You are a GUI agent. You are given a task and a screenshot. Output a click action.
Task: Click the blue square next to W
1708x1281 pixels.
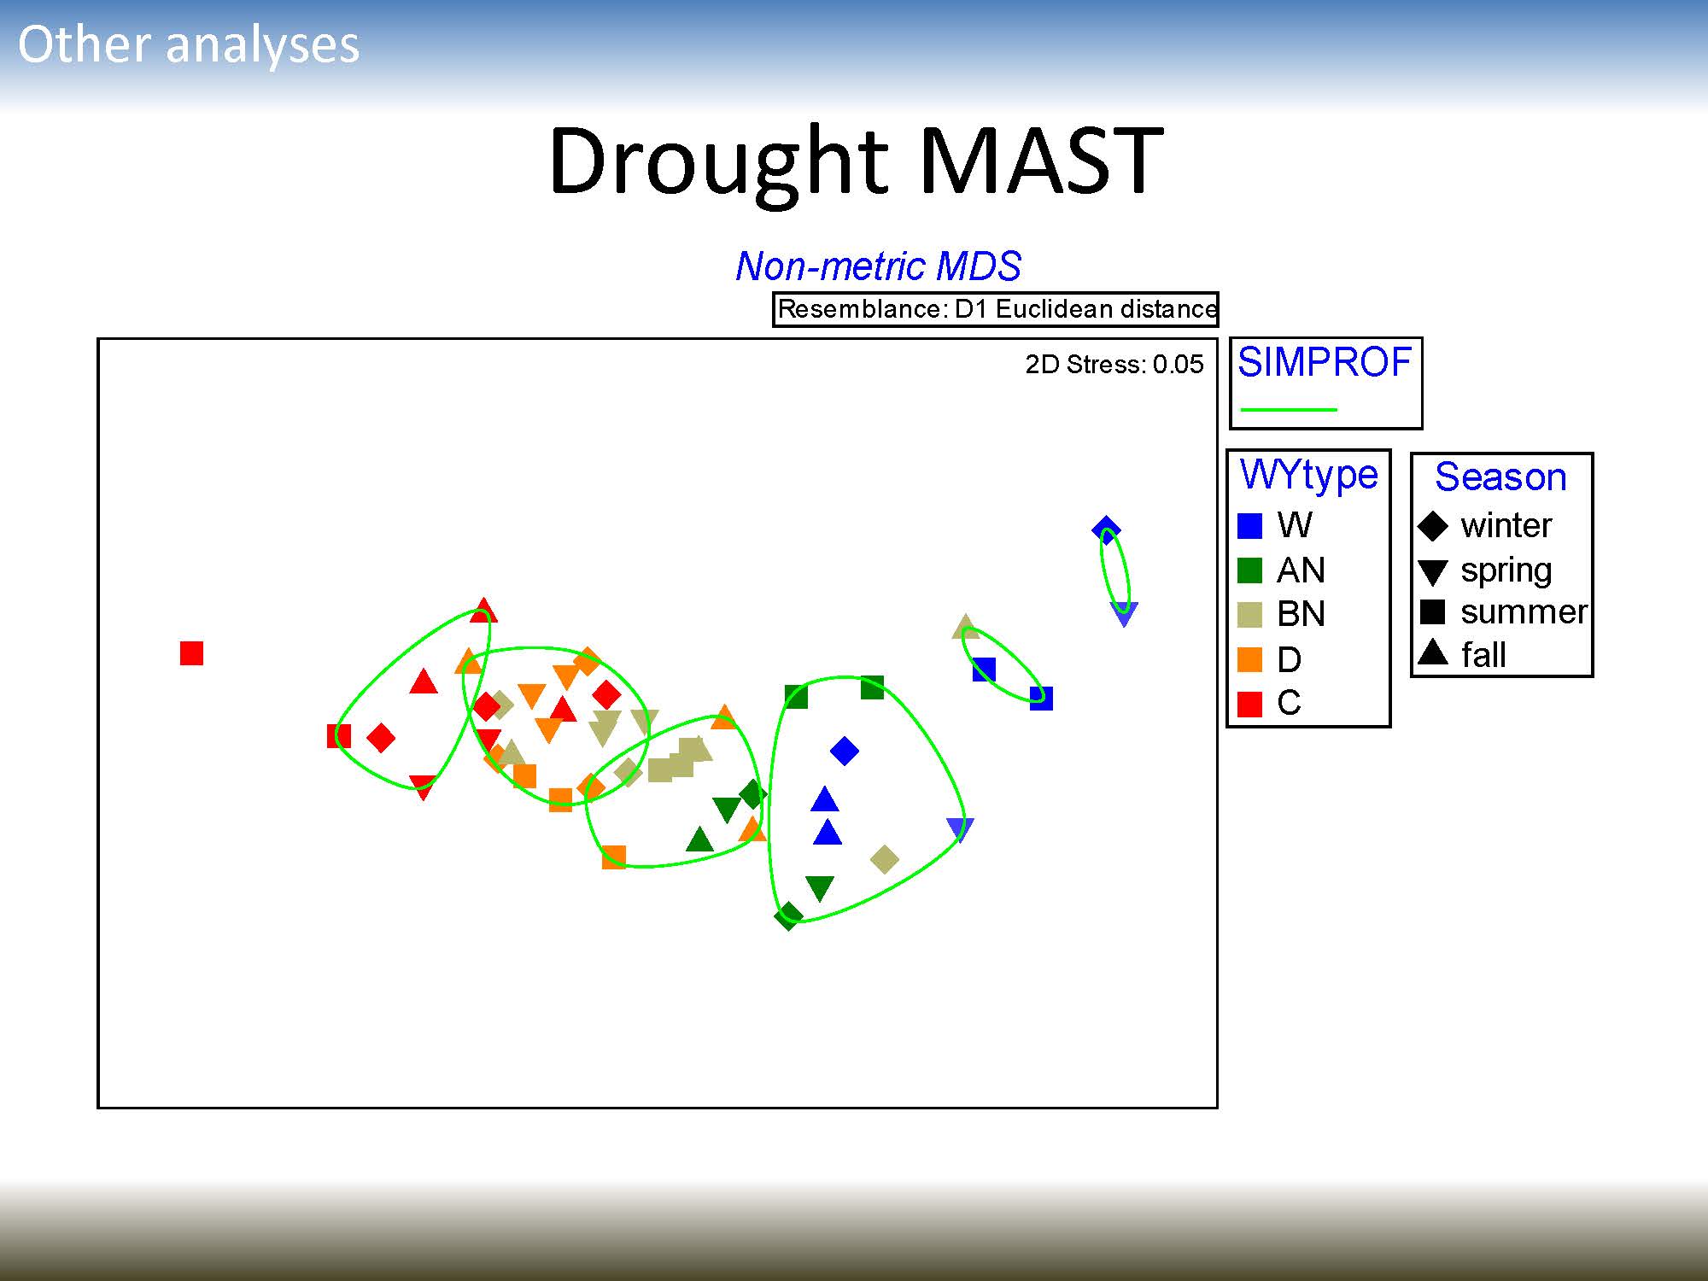(x=1249, y=526)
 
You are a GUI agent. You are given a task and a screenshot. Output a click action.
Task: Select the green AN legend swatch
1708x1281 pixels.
(x=1249, y=570)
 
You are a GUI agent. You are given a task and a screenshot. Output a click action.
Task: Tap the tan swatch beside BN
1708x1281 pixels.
(x=1249, y=615)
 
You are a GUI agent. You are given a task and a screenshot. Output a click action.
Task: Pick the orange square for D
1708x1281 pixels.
(x=1249, y=659)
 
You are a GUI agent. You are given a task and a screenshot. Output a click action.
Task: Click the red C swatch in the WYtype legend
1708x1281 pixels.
(x=1249, y=704)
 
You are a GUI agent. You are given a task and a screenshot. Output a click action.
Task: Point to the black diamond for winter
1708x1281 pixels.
(x=1433, y=526)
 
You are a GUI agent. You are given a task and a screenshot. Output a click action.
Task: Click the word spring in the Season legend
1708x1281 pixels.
(x=1506, y=570)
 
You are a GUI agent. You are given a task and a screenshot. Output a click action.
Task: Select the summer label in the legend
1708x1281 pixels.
(x=1524, y=612)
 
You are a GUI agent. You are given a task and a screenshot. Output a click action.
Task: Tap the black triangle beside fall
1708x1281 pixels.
(x=1433, y=652)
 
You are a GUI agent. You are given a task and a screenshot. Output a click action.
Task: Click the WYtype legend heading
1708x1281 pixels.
(x=1308, y=475)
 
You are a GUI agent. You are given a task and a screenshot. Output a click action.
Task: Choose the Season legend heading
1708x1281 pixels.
(x=1500, y=477)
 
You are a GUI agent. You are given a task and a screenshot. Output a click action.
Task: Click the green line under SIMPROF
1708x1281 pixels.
(x=1288, y=410)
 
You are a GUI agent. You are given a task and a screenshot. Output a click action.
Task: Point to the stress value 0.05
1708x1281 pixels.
(x=1178, y=365)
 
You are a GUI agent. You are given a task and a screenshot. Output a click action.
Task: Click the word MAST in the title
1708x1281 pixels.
(x=1042, y=160)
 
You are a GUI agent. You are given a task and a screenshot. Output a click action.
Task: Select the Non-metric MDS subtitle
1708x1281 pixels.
(x=878, y=266)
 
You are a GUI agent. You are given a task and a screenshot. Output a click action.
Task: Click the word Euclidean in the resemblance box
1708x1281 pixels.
(x=1050, y=309)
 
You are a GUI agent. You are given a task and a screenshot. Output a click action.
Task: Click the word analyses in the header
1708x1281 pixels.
(x=262, y=46)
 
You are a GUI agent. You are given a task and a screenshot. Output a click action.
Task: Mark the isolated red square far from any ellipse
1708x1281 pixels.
(x=191, y=653)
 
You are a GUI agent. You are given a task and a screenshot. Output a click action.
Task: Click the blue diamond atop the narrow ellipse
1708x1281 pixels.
(x=1106, y=529)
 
